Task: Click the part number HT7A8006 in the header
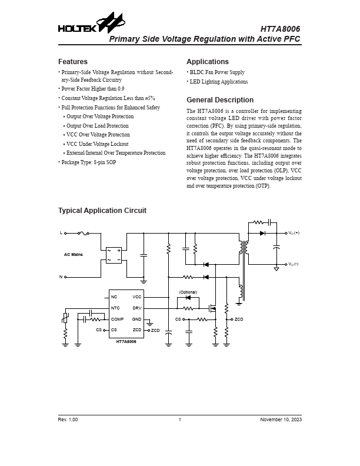coord(280,28)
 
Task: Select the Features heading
coord(73,62)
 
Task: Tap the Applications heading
coord(208,62)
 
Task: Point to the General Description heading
coord(220,100)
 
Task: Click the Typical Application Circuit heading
coord(102,211)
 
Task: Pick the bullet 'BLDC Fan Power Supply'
coord(217,72)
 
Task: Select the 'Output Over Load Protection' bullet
coord(97,126)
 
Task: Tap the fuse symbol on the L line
coord(84,233)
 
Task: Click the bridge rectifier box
coord(113,255)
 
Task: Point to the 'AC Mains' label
coord(74,255)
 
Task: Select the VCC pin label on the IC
coord(136,297)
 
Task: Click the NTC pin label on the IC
coord(115,308)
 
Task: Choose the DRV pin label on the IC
coord(136,308)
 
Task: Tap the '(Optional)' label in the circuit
coord(188,292)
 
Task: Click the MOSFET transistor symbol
coord(213,307)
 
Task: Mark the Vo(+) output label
coord(293,233)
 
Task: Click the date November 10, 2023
coord(281,420)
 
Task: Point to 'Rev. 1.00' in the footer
coord(68,420)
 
